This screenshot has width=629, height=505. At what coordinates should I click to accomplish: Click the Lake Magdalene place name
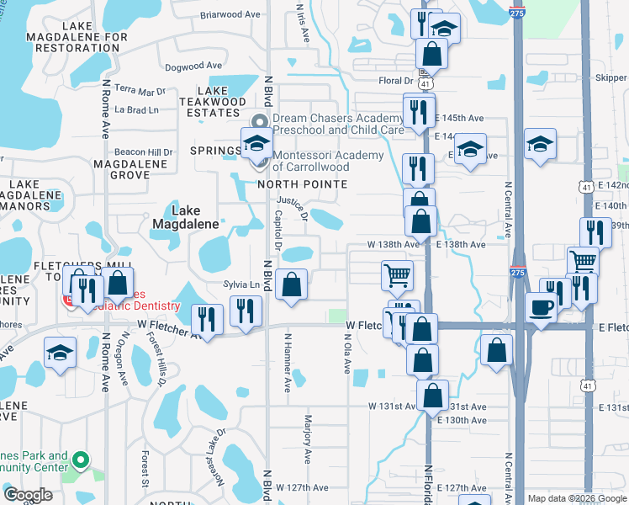click(x=186, y=217)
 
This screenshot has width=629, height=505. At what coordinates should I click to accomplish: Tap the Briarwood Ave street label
click(x=232, y=14)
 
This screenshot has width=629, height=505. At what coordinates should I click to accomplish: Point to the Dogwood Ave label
click(x=193, y=65)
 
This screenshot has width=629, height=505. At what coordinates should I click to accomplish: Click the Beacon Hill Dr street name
click(x=144, y=151)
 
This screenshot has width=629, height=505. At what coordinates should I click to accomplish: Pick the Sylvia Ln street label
click(x=241, y=284)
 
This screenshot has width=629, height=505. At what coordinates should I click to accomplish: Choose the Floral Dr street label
click(x=392, y=81)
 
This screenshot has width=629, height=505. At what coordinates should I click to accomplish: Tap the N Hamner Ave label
click(x=288, y=363)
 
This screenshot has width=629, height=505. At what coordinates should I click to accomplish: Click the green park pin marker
click(x=80, y=460)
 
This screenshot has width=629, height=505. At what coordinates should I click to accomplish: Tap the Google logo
click(x=28, y=495)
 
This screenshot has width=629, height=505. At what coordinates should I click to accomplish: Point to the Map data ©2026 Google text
click(x=578, y=498)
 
